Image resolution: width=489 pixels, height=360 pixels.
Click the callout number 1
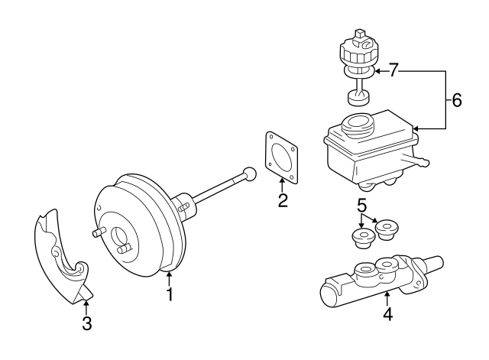coord(170,293)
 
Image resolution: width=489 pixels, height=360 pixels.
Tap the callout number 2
coord(282,201)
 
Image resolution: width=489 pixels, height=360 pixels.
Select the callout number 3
coord(86,323)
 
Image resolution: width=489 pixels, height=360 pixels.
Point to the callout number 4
coord(387,313)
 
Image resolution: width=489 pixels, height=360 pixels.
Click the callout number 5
coord(362,206)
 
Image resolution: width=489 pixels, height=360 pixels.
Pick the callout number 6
coord(456,100)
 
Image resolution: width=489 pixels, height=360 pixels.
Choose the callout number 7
coord(393,71)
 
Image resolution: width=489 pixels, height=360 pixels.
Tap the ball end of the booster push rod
coord(249,174)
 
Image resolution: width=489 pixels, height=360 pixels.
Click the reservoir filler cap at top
coord(356,50)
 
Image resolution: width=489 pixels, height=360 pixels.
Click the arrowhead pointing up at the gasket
coord(282,181)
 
